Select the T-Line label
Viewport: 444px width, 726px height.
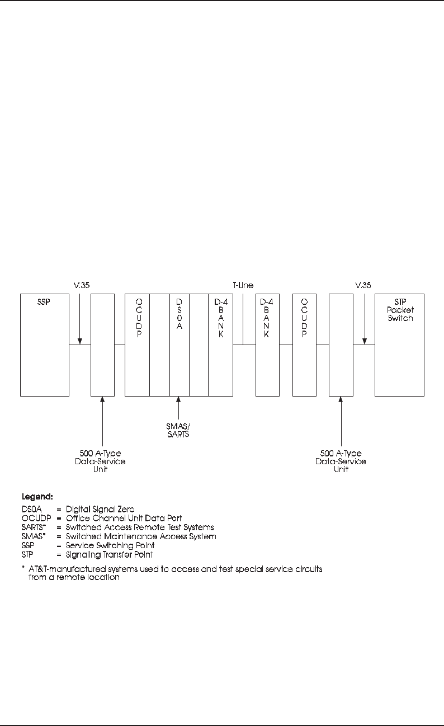click(x=243, y=285)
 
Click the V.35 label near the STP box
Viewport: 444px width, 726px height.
click(x=364, y=285)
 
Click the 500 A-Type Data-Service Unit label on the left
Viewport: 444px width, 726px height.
click(x=103, y=461)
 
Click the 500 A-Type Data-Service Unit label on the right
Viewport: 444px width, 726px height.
click(x=341, y=461)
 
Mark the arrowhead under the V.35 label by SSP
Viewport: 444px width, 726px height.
click(x=80, y=341)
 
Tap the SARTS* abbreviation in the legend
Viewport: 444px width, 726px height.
click(x=34, y=527)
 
